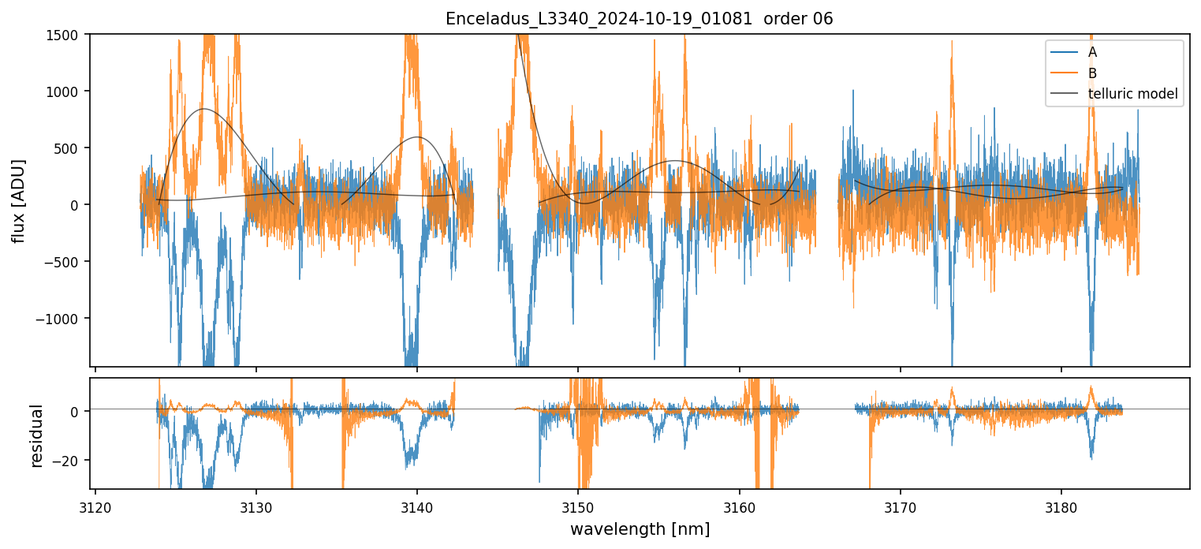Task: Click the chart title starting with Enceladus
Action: point(639,19)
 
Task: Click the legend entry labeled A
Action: point(1092,52)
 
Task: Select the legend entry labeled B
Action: point(1092,73)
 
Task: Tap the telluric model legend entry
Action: point(1132,94)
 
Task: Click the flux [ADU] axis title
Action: point(17,200)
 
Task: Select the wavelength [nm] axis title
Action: point(640,528)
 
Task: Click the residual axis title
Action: point(36,435)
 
